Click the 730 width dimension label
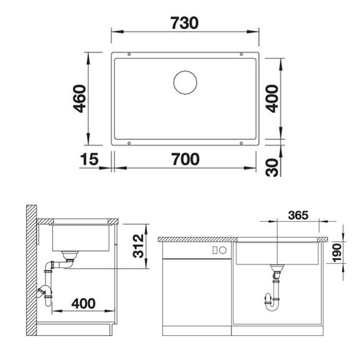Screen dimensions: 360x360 tap(184, 23)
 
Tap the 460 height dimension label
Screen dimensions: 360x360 tap(79, 99)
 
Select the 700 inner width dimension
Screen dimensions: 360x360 tap(186, 159)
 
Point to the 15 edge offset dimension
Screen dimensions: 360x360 tap(89, 159)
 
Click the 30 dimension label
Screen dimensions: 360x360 tap(272, 167)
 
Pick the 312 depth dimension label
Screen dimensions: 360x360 tap(138, 246)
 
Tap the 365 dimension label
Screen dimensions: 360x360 tap(298, 215)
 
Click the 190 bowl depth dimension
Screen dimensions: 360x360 tap(337, 253)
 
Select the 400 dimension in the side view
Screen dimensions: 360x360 tap(83, 304)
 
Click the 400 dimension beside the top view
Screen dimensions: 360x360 tap(272, 99)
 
